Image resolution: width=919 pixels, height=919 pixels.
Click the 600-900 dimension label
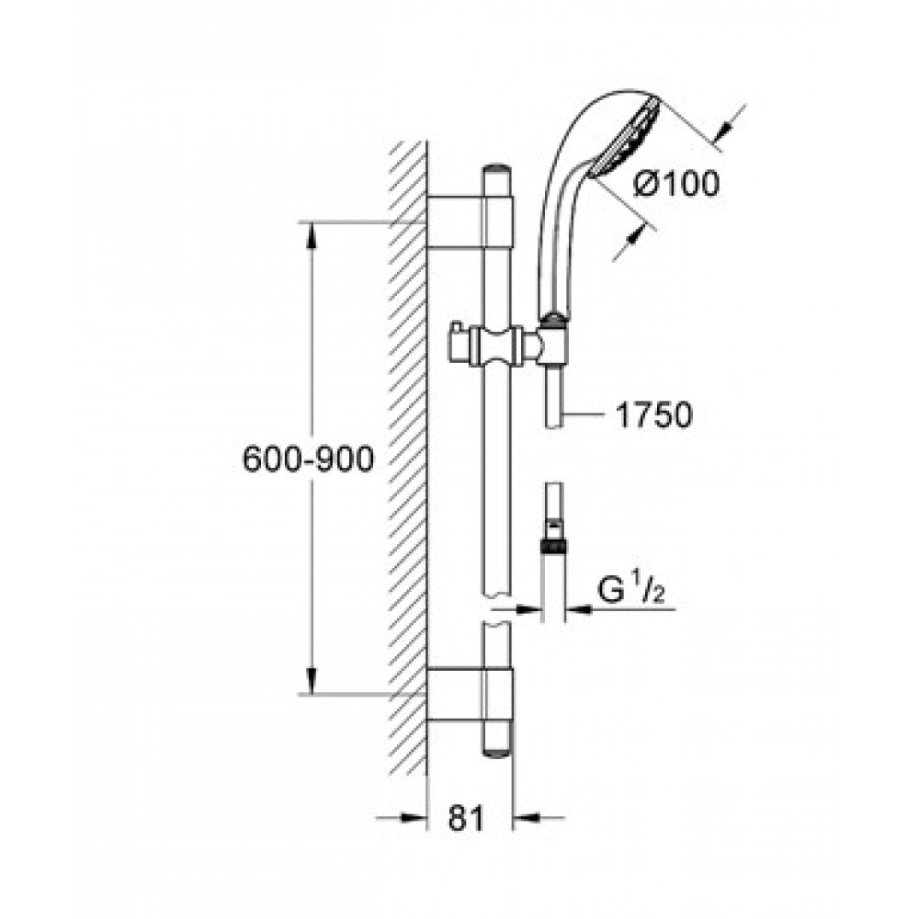308,459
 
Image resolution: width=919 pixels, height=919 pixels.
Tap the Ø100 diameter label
676,185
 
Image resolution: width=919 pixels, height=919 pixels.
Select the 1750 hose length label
653,415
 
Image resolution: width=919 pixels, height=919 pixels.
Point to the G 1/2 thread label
630,591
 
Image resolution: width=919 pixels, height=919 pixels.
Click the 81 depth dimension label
467,818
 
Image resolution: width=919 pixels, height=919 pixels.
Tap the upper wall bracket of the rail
470,221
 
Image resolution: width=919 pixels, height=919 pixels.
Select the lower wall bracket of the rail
470,693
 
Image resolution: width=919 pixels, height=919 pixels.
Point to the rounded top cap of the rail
497,171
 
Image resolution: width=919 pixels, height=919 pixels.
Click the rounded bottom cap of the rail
497,751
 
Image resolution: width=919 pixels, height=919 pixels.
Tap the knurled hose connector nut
552,547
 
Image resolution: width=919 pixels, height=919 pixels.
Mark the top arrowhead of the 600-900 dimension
311,234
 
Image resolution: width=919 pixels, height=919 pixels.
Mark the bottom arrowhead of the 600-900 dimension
311,681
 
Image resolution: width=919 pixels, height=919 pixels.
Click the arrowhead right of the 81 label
527,817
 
